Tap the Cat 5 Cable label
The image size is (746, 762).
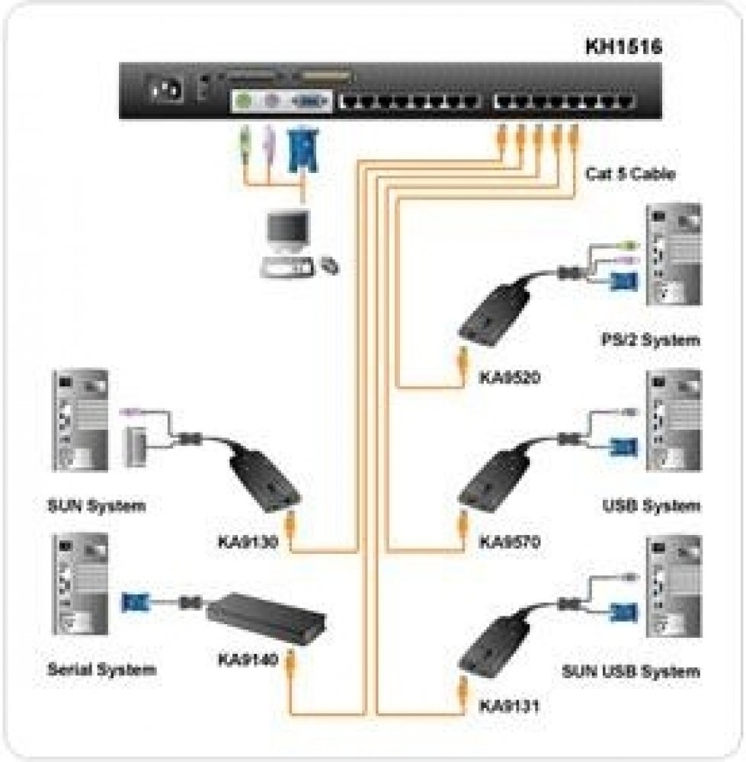point(629,174)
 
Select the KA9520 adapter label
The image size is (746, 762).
point(509,376)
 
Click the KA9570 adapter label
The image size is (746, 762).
point(509,543)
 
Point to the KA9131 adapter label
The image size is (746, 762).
point(509,706)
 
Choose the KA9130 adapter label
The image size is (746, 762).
point(247,543)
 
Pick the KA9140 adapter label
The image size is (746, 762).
point(247,657)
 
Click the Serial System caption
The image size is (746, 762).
point(101,670)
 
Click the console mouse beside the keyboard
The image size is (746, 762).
point(329,266)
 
